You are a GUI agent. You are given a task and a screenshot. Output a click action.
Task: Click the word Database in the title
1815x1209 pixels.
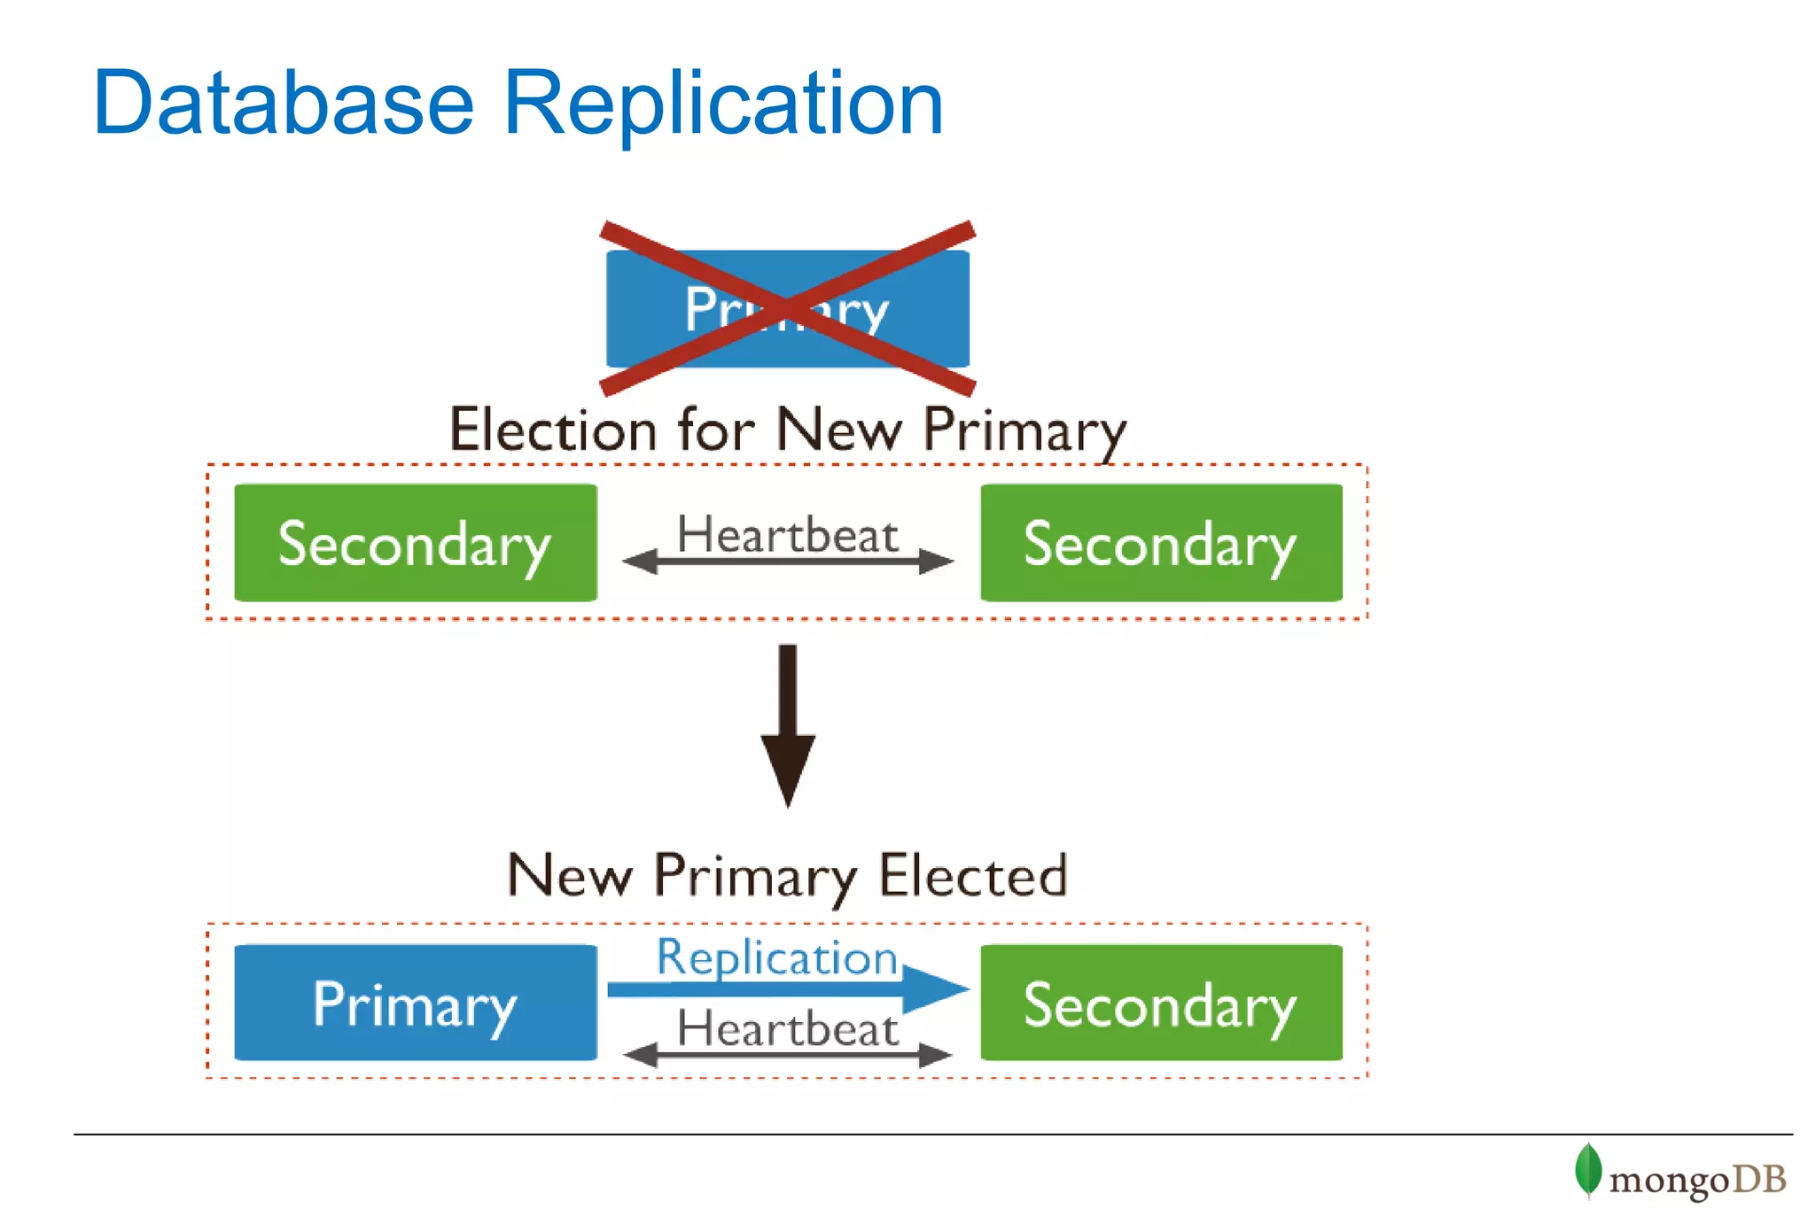tap(284, 104)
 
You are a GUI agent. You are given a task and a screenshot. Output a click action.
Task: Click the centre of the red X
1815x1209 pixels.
tap(788, 308)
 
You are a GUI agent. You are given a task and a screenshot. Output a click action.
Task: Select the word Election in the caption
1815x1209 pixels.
tap(552, 430)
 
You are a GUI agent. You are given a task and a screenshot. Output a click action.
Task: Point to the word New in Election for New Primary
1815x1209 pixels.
tap(838, 430)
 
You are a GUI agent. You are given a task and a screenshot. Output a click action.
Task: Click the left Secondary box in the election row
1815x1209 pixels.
tap(415, 543)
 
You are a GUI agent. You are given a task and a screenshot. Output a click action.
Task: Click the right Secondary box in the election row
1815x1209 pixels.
tap(1161, 543)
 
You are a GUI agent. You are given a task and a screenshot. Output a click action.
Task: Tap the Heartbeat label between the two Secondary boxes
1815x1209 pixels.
tap(788, 534)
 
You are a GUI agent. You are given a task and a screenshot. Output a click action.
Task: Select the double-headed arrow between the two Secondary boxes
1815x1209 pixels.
tap(788, 562)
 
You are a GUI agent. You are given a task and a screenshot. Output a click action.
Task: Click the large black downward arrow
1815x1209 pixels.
tap(788, 726)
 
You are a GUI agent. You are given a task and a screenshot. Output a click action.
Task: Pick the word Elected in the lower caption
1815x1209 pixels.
tap(973, 875)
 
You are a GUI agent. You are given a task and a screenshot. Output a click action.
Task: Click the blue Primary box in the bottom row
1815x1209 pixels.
tap(415, 1003)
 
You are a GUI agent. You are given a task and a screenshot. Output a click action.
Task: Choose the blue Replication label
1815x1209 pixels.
tap(777, 957)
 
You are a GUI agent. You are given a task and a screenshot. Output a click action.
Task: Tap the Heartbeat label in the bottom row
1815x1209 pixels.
tap(788, 1028)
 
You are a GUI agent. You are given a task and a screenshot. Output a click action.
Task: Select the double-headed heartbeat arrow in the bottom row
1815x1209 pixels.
tap(788, 1055)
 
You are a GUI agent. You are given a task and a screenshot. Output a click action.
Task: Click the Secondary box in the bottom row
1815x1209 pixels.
tap(1161, 1003)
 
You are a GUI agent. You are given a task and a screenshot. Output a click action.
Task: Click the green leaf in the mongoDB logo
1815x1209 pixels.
tap(1587, 1170)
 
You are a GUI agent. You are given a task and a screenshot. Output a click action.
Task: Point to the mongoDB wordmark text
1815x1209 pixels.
tap(1697, 1180)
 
